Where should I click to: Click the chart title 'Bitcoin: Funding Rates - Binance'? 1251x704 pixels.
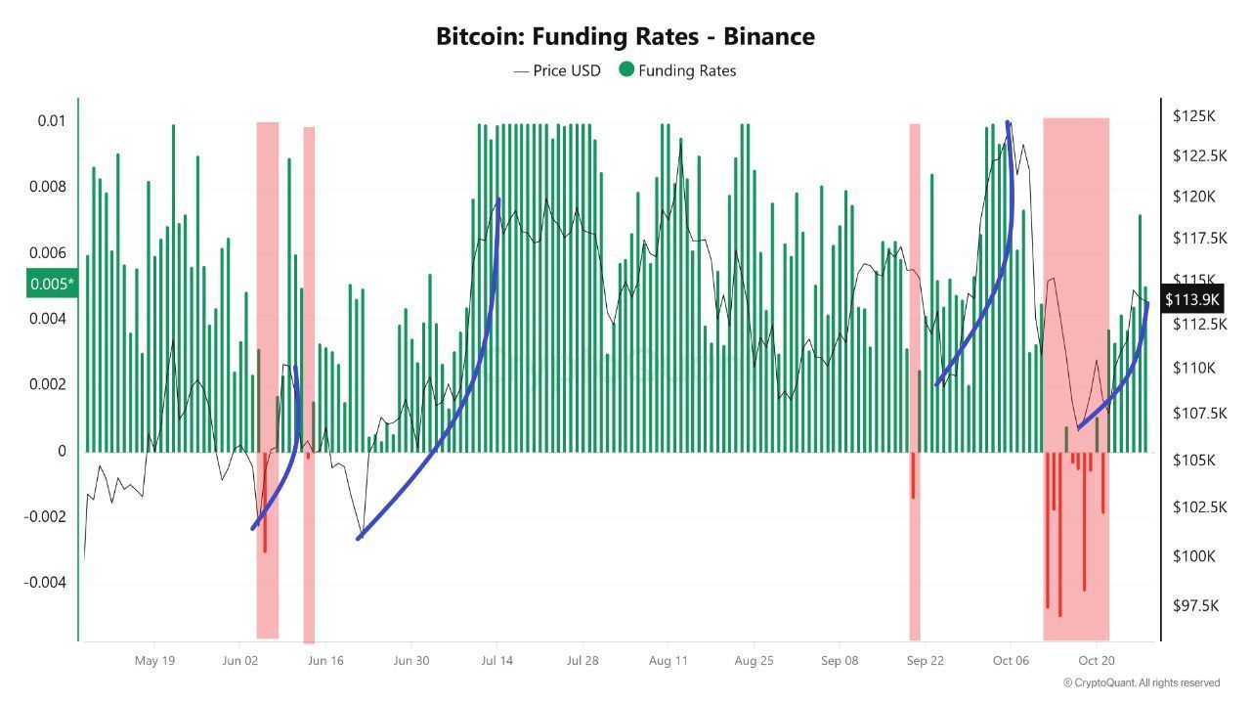[625, 37]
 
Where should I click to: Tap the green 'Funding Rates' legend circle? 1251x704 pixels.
[626, 69]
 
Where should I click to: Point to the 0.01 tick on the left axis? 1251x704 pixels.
[52, 121]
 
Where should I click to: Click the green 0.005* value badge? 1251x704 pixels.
[51, 285]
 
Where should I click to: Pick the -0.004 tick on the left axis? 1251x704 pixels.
[46, 583]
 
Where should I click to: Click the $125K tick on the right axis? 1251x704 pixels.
[1193, 116]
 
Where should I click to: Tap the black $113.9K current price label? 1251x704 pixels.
[1192, 299]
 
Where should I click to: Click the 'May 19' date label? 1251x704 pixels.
[154, 661]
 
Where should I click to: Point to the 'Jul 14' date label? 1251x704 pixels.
[496, 661]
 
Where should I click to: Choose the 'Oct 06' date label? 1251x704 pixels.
[1010, 661]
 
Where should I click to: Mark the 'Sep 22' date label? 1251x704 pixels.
[925, 661]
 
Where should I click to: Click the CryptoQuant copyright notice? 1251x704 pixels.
[1141, 682]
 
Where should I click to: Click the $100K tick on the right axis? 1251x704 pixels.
[1193, 556]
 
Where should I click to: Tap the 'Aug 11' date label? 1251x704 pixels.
[668, 661]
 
